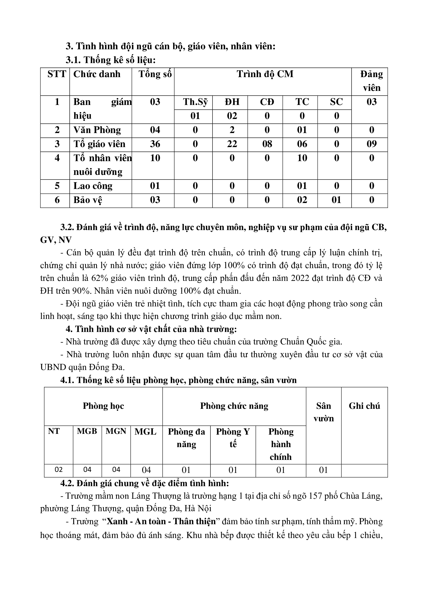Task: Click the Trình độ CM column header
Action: click(x=265, y=74)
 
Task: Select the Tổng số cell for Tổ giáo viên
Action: click(x=155, y=144)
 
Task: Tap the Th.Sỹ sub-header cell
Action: click(x=195, y=102)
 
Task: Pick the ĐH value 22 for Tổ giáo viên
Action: click(x=232, y=144)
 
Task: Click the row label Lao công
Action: click(x=93, y=186)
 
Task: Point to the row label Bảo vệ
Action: click(x=88, y=200)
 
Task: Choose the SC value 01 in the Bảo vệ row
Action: click(x=336, y=200)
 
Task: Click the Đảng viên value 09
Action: click(x=371, y=144)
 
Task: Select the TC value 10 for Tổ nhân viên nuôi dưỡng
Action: click(x=302, y=158)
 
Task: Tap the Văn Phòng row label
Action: click(x=97, y=130)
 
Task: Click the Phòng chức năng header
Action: click(x=234, y=406)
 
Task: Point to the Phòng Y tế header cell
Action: click(x=233, y=438)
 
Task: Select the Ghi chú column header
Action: click(x=364, y=406)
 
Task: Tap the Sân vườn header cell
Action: click(x=324, y=412)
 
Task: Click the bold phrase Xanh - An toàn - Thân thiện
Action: click(x=161, y=522)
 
